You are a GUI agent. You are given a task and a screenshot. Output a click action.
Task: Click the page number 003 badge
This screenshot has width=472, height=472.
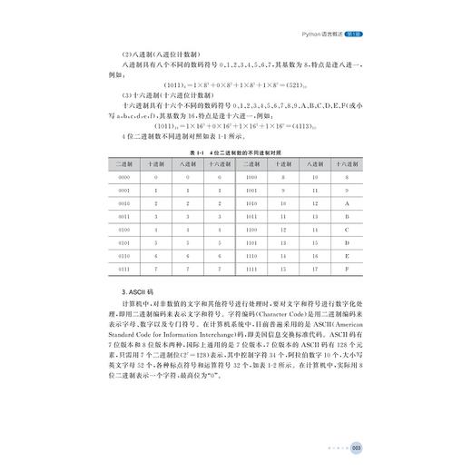click(x=358, y=447)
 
